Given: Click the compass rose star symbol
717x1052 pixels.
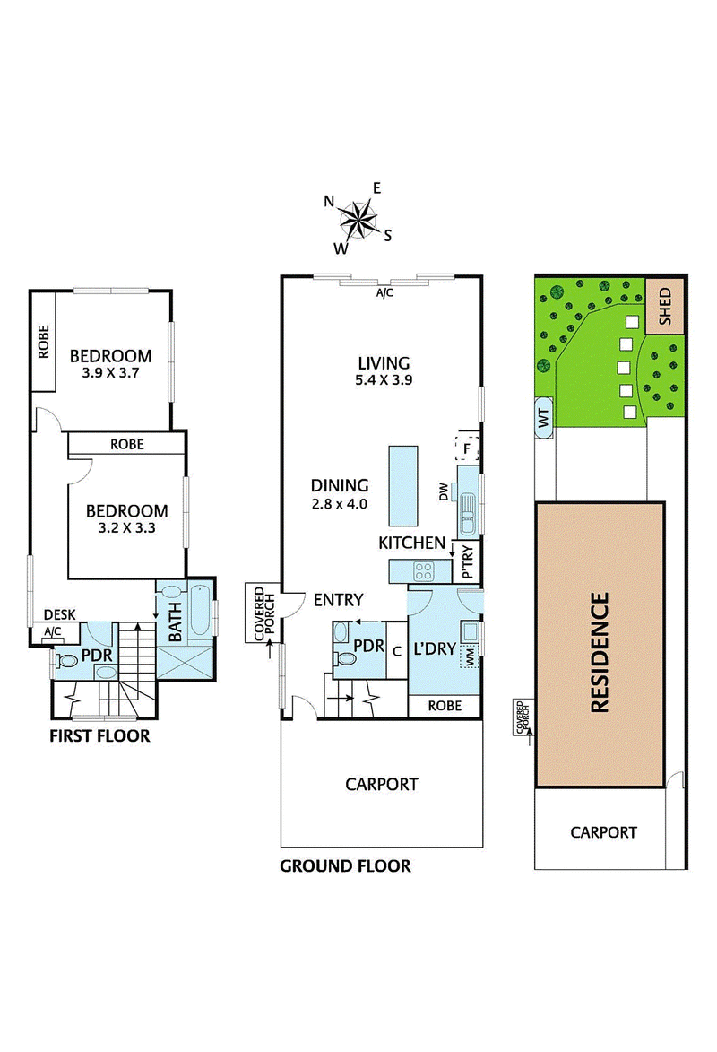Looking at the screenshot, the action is point(357,220).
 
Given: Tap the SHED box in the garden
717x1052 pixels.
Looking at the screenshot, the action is point(665,307).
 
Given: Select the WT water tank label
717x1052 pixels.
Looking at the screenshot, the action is point(544,417).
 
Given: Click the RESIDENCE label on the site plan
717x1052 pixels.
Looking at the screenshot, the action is point(600,652).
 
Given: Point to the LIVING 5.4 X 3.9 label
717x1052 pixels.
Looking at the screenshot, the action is point(384,371).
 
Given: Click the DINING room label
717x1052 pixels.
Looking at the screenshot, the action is point(340,486).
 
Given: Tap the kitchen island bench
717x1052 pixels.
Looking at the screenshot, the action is point(402,486).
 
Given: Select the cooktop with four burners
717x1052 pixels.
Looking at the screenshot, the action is point(424,571).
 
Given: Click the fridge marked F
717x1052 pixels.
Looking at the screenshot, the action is point(467,447).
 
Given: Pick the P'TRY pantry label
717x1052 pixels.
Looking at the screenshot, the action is point(468,562).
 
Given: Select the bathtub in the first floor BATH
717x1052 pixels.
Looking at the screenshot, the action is point(201,610).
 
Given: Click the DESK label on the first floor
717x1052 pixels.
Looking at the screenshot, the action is point(60,614).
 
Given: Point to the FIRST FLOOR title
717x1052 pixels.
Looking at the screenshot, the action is point(100,736).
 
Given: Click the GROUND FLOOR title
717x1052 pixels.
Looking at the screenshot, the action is point(345,866).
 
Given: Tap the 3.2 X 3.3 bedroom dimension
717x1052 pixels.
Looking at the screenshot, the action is point(126,528).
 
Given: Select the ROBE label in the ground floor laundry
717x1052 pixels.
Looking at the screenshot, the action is point(445,706).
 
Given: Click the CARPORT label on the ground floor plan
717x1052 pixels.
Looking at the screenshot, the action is point(382,785).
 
